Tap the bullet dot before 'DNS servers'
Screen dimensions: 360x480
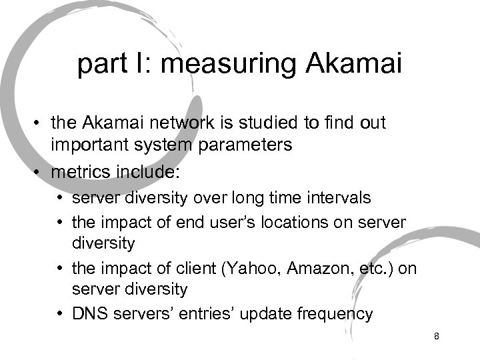coord(61,313)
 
